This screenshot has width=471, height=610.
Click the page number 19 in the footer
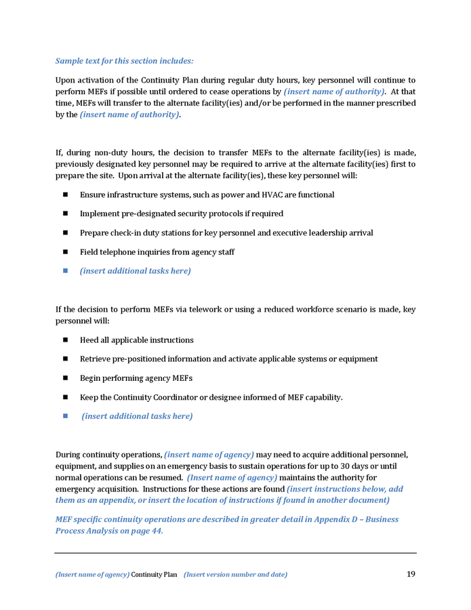click(411, 574)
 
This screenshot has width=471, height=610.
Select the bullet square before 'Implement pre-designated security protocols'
click(66, 213)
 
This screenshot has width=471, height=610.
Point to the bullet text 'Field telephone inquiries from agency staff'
click(157, 251)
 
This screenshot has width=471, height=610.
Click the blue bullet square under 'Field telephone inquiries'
click(66, 270)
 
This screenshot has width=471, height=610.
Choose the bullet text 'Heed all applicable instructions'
click(136, 340)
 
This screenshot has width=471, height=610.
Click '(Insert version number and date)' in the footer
click(235, 575)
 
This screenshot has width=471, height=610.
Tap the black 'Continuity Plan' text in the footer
click(154, 575)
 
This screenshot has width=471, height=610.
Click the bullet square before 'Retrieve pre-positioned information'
click(66, 359)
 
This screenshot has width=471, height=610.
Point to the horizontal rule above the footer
click(235, 553)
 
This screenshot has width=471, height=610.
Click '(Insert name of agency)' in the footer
click(92, 575)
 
